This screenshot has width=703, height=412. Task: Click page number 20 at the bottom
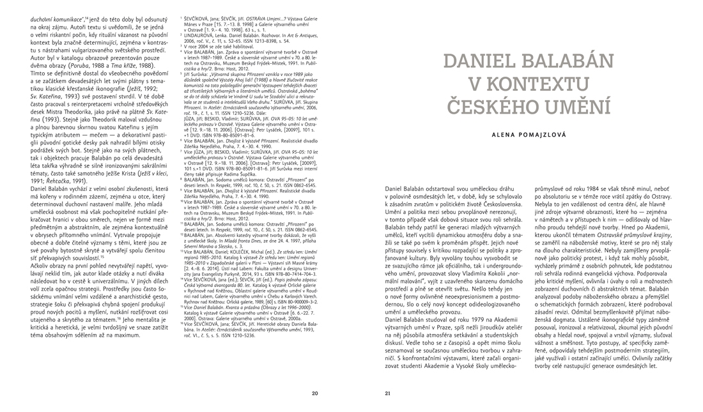pyautogui.click(x=314, y=393)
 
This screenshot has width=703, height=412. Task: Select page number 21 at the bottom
pyautogui.click(x=388, y=393)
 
